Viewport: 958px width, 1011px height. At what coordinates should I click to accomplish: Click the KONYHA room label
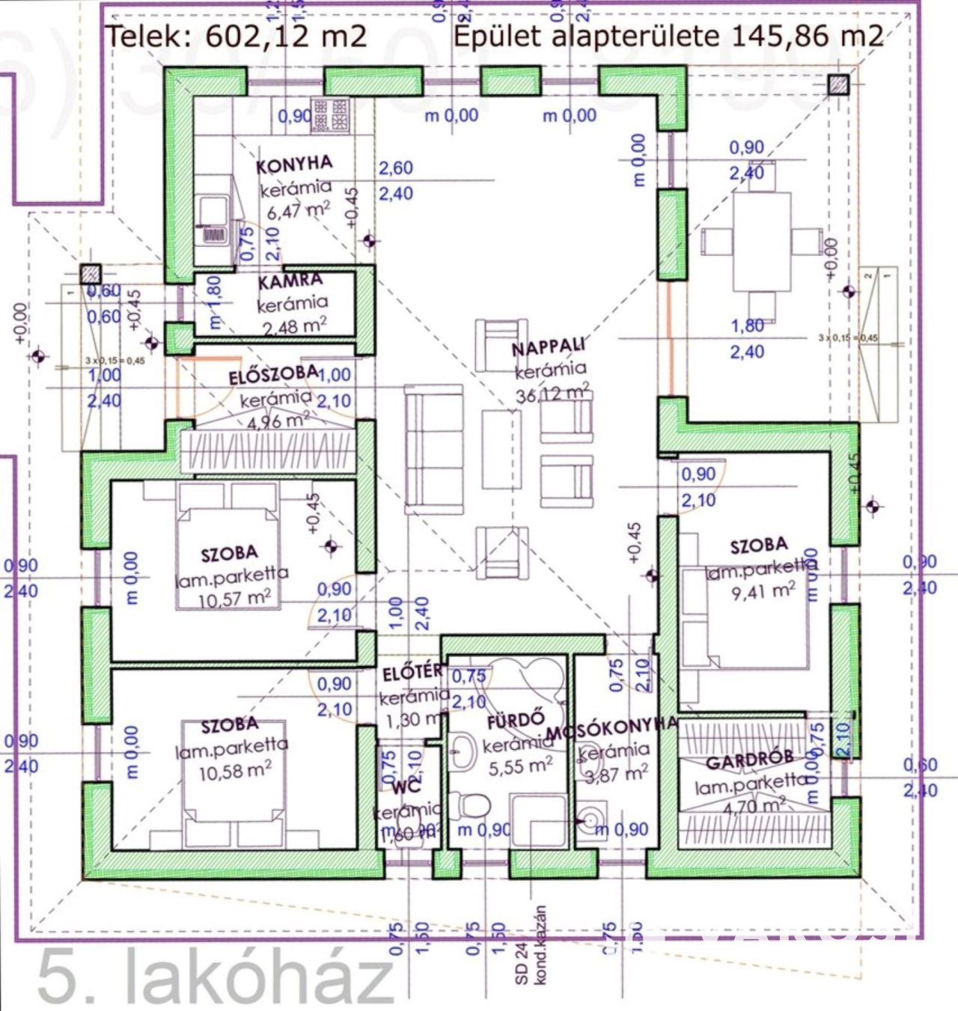pyautogui.click(x=294, y=165)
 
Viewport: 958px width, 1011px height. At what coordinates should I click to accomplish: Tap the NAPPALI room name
pyautogui.click(x=549, y=348)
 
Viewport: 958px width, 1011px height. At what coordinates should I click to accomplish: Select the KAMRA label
pyautogui.click(x=290, y=282)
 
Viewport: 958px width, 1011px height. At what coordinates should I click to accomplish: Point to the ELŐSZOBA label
pyautogui.click(x=273, y=375)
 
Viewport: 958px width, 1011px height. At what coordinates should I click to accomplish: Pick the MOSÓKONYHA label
pyautogui.click(x=612, y=729)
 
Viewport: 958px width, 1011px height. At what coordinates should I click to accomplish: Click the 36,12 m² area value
pyautogui.click(x=552, y=393)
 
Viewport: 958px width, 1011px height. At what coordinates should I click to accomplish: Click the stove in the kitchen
pyautogui.click(x=330, y=116)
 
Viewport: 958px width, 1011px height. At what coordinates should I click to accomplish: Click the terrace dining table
pyautogui.click(x=761, y=242)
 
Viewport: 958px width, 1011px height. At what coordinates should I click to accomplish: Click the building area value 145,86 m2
pyautogui.click(x=806, y=35)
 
